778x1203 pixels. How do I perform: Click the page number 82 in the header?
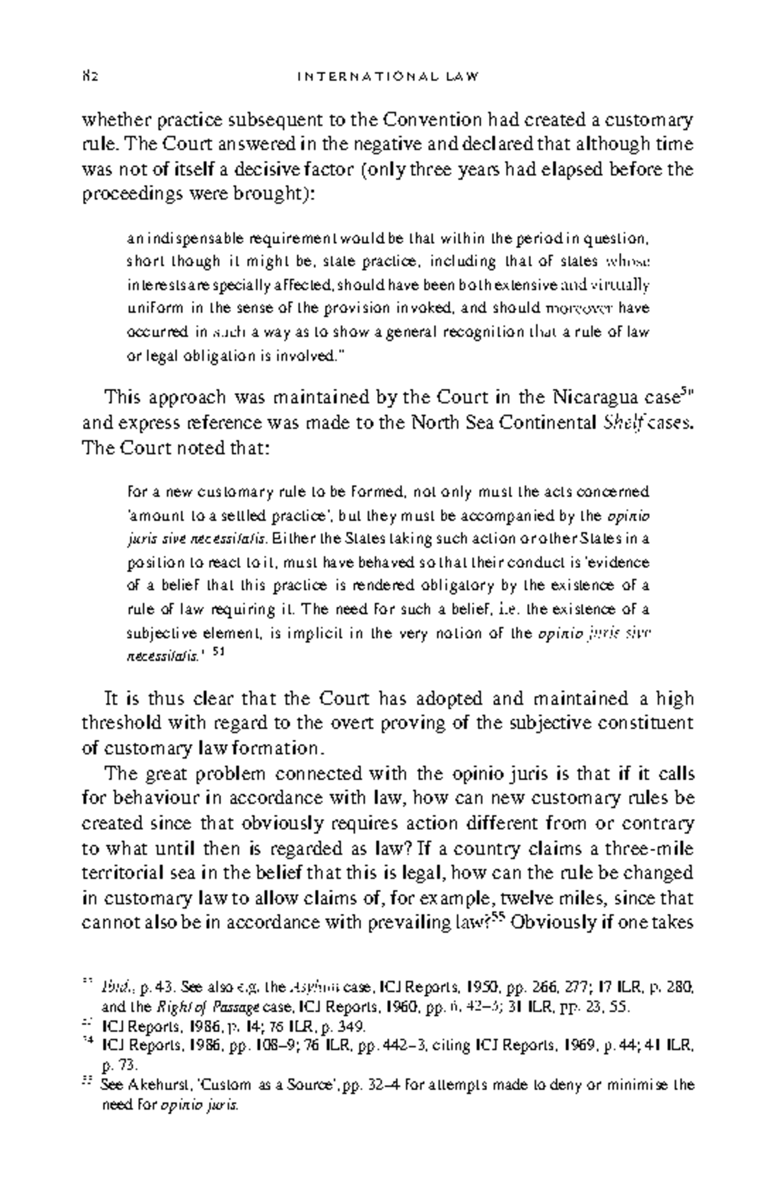(x=89, y=77)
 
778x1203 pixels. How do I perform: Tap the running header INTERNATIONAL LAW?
(x=388, y=77)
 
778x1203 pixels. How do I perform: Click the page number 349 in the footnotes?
(x=355, y=1026)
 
